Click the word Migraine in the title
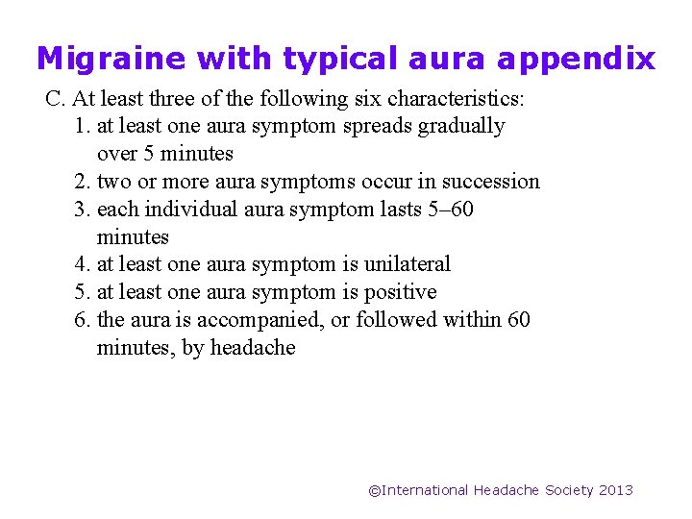111,60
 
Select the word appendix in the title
576,60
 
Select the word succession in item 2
491,182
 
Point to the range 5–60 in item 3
448,209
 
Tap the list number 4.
81,264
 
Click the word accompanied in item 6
260,319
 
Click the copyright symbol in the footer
375,490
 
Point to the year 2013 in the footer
616,490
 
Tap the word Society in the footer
569,490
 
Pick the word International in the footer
426,490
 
